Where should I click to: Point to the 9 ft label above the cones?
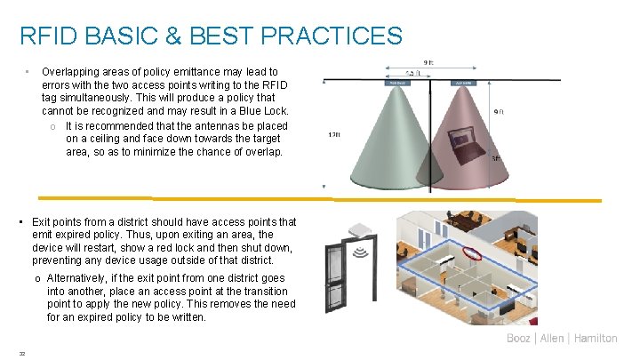[428, 61]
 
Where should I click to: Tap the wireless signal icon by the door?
[361, 253]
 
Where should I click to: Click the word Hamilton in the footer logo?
[596, 339]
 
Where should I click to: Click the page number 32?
[21, 353]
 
